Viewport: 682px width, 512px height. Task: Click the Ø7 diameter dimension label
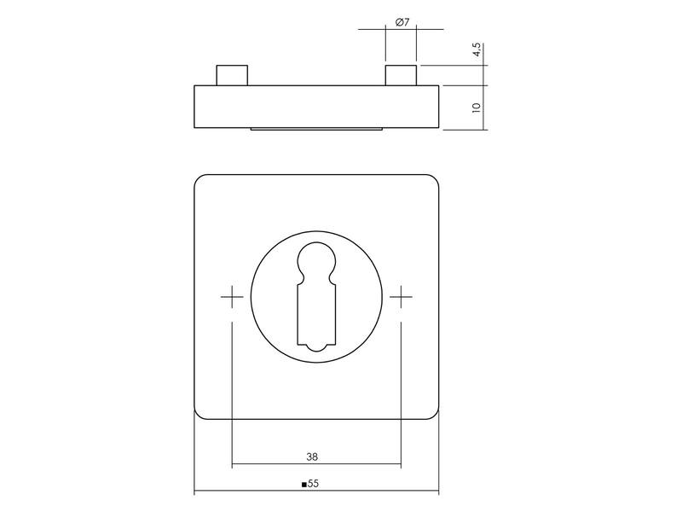pyautogui.click(x=402, y=22)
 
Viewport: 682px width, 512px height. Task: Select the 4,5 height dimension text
pyautogui.click(x=477, y=49)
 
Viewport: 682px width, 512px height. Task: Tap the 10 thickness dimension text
pyautogui.click(x=477, y=108)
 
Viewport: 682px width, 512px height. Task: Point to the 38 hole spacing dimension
pyautogui.click(x=312, y=457)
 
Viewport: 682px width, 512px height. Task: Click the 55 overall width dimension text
pyautogui.click(x=313, y=484)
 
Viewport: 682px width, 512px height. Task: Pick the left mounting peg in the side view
pyautogui.click(x=232, y=75)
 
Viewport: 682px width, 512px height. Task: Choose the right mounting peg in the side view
pyautogui.click(x=401, y=75)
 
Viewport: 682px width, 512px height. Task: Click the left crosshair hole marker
pyautogui.click(x=232, y=297)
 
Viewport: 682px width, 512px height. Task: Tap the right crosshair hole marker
pyautogui.click(x=401, y=297)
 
